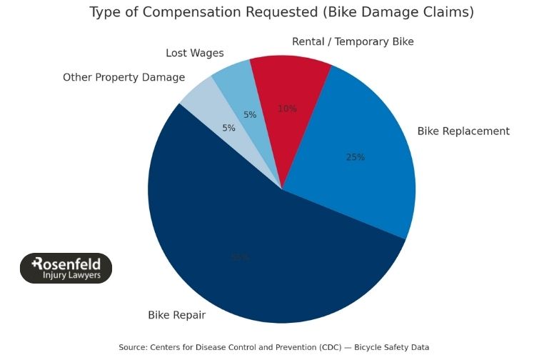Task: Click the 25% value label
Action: click(x=356, y=157)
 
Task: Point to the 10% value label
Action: click(x=287, y=109)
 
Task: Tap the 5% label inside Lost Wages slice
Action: click(x=250, y=114)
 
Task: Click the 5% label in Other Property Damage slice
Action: click(x=228, y=128)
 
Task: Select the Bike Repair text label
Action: click(x=176, y=315)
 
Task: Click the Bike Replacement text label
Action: click(x=463, y=131)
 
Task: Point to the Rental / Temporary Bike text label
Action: click(x=353, y=41)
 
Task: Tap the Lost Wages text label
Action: click(x=194, y=53)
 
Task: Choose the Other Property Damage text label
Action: click(x=124, y=77)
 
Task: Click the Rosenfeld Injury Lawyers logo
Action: click(x=66, y=268)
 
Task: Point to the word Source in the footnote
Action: click(x=133, y=347)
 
